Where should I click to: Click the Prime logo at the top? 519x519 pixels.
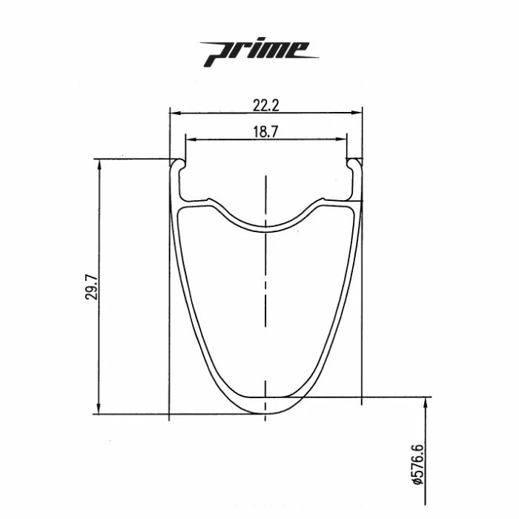(259, 50)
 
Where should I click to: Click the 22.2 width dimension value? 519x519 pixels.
(265, 106)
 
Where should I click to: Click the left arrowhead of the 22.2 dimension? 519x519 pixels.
(174, 113)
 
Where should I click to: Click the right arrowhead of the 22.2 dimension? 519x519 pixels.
(358, 113)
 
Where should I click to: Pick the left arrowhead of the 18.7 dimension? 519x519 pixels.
(190, 139)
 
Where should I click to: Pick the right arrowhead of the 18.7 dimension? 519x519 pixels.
(343, 139)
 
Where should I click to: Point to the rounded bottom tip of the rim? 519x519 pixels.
(265, 412)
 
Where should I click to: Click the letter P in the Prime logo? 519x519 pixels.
(216, 51)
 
